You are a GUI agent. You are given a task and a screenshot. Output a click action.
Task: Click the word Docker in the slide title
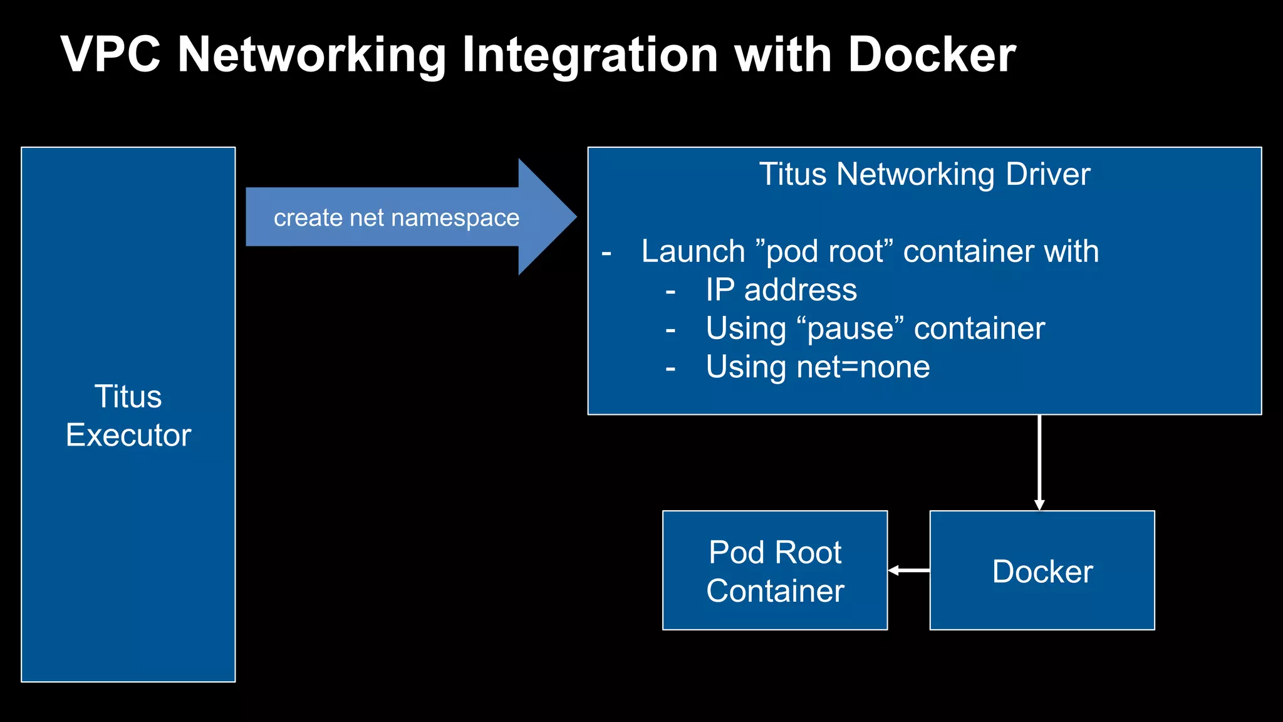point(931,55)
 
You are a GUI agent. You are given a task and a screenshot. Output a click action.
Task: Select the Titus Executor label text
point(128,415)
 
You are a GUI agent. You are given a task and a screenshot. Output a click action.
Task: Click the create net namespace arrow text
point(396,217)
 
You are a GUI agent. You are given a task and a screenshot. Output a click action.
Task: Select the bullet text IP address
point(781,290)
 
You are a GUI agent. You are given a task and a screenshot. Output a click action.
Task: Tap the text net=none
point(863,367)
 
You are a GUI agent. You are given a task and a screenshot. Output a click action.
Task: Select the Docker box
point(1042,570)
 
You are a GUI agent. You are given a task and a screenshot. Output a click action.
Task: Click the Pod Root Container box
point(775,570)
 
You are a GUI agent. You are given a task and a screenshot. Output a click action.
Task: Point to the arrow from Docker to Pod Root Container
point(908,570)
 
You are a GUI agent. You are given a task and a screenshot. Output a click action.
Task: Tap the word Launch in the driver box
point(693,251)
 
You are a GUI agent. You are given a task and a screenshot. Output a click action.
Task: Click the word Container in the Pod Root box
point(775,590)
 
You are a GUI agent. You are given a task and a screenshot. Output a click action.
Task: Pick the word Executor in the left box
point(128,435)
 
